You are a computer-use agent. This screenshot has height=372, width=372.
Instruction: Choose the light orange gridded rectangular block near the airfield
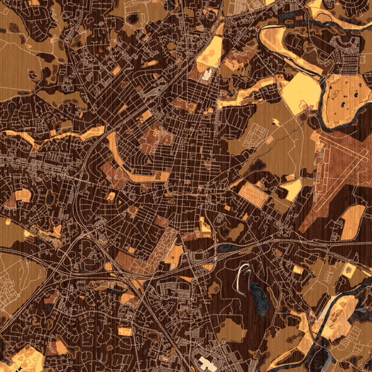click(253, 194)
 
